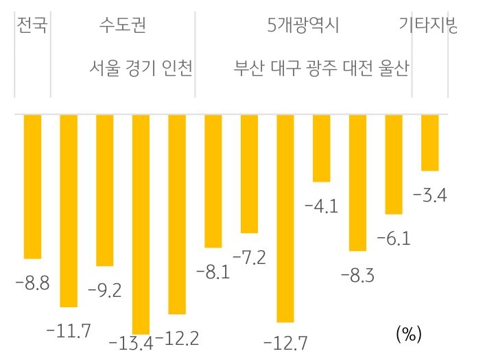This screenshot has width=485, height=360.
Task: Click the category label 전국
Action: click(32, 26)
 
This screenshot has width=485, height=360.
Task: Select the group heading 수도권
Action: click(122, 26)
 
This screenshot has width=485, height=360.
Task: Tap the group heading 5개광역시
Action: click(303, 26)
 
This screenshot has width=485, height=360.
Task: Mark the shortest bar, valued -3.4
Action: click(430, 142)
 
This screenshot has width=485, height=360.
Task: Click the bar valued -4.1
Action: click(321, 148)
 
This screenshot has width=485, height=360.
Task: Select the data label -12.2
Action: click(177, 338)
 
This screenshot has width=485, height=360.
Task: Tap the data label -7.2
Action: click(249, 258)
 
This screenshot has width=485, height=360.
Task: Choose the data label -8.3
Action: click(357, 275)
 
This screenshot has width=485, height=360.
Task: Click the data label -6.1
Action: click(394, 239)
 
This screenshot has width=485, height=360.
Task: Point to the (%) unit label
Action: click(408, 334)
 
